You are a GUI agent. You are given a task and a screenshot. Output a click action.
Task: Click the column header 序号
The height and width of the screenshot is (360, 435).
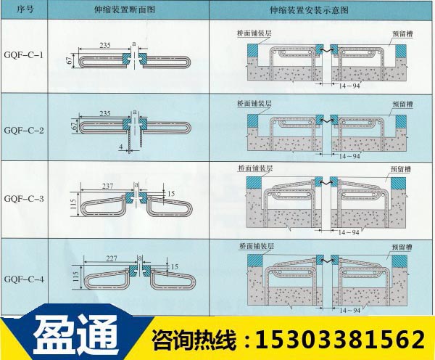tap(24, 10)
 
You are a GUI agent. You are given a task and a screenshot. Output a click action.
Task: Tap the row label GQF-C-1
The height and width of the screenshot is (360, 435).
tap(24, 55)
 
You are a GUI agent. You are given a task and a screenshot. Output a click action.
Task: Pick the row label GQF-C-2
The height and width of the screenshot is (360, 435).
tap(24, 130)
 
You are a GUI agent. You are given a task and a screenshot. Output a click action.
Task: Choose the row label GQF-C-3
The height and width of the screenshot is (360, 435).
tap(24, 197)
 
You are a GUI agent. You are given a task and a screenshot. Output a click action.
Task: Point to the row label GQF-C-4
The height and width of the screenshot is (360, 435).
tap(24, 278)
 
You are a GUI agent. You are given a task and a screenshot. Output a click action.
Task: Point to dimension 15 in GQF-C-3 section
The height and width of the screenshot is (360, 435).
tap(170, 193)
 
